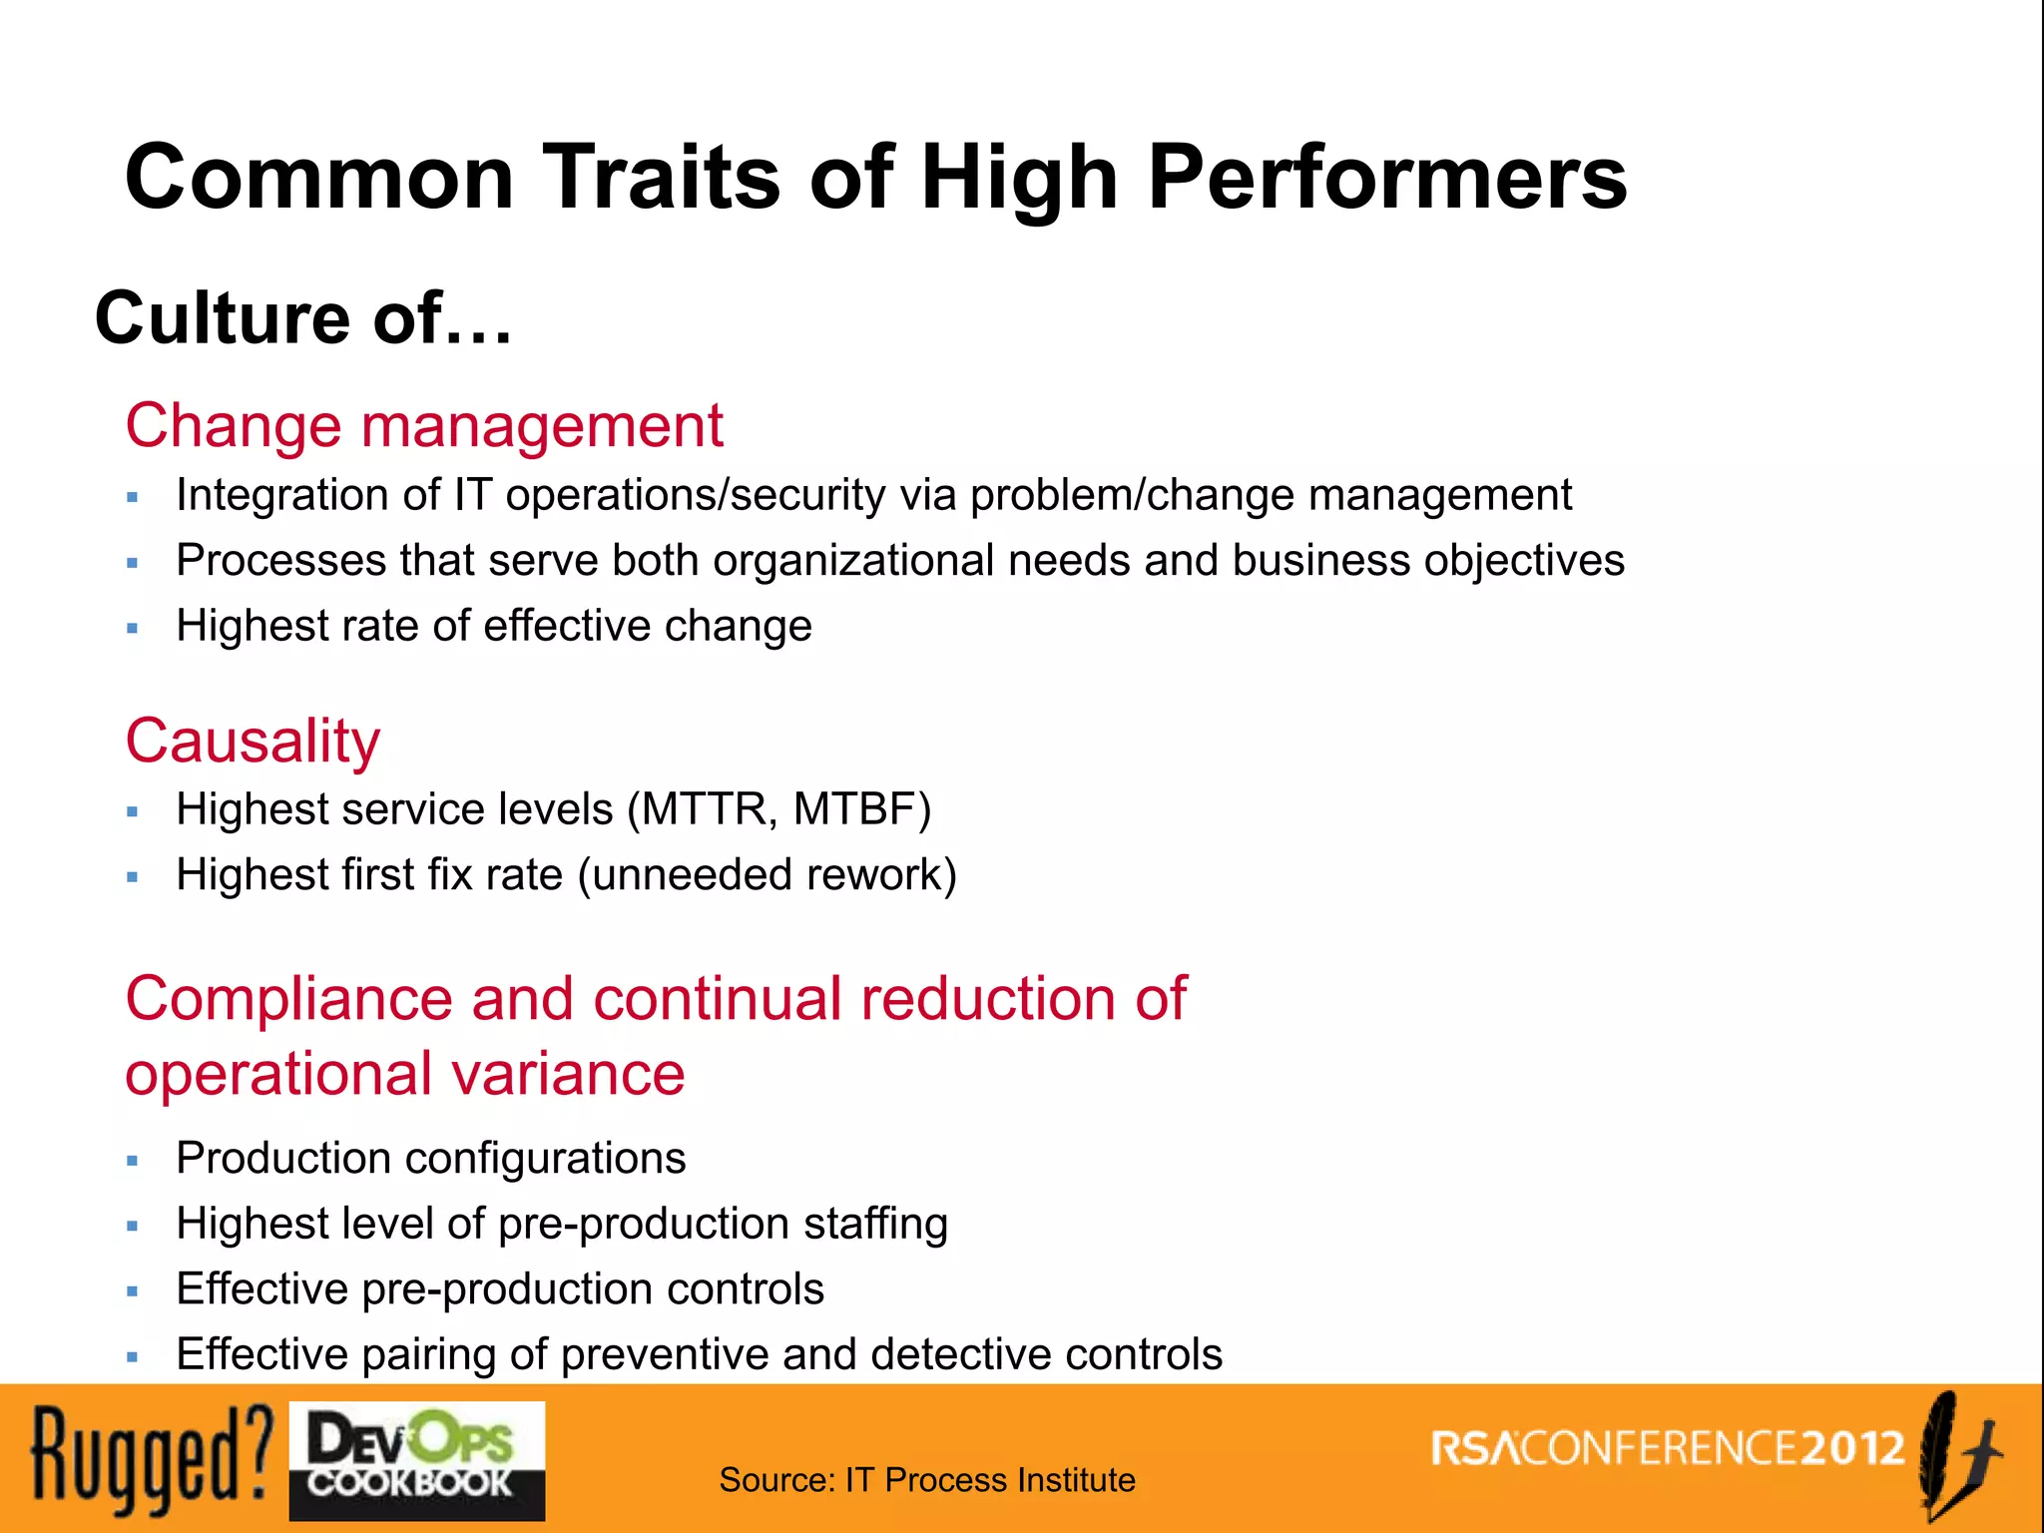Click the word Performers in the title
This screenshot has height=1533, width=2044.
[x=1387, y=178]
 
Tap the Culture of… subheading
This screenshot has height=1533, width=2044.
[x=303, y=317]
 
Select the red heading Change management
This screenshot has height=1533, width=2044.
[x=424, y=425]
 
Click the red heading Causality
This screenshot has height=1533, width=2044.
[x=253, y=741]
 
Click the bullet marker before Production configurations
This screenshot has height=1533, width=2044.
[x=133, y=1161]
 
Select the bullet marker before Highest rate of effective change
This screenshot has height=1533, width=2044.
[x=133, y=629]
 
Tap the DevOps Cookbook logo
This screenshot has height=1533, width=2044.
[x=416, y=1461]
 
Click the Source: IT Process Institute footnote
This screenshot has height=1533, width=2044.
[x=926, y=1479]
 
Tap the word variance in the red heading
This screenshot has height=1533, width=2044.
[x=568, y=1074]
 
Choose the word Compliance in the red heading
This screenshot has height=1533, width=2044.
[x=289, y=998]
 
